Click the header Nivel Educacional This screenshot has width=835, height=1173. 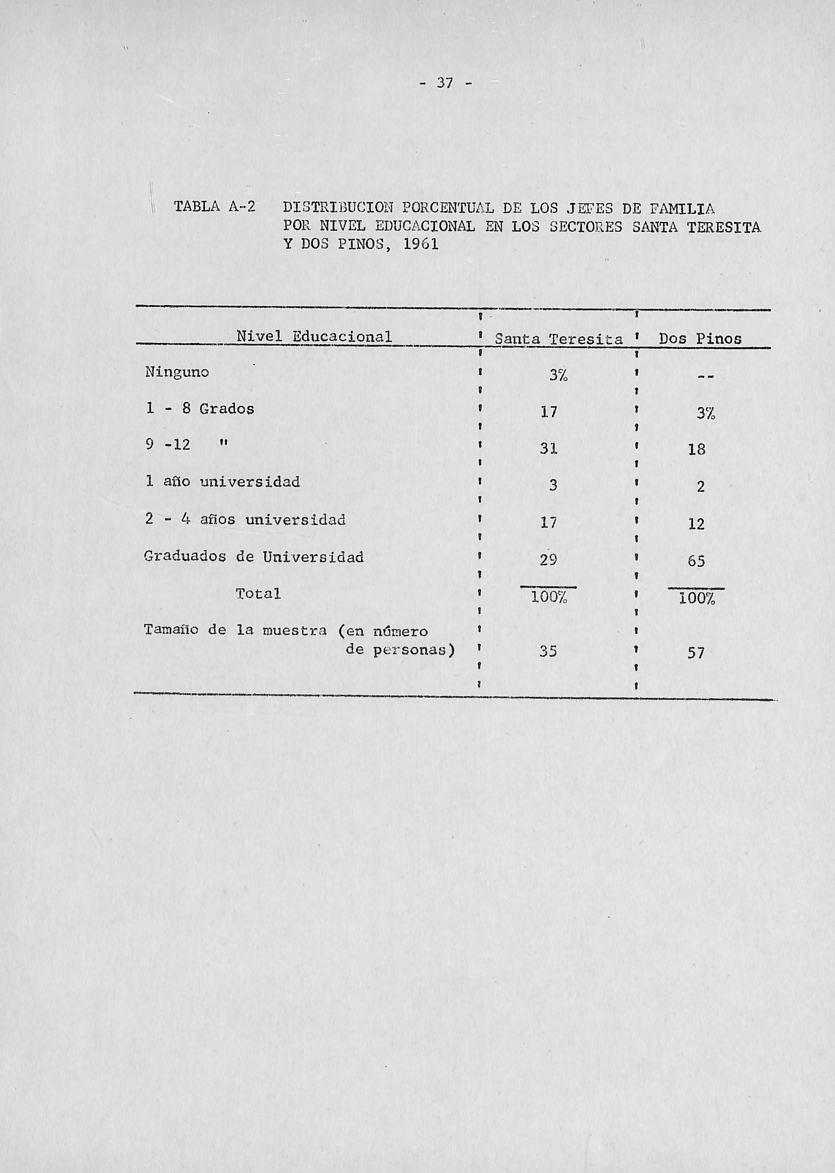314,337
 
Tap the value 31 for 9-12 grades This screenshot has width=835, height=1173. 549,449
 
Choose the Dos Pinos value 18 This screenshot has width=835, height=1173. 697,450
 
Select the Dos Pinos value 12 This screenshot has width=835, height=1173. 696,524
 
